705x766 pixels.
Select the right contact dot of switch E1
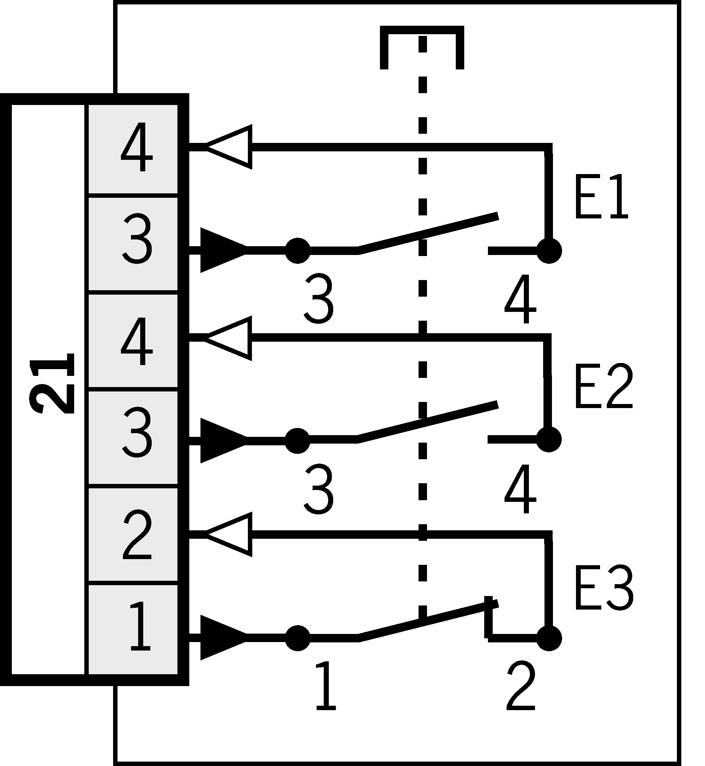coord(549,251)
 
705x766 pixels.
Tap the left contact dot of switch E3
coord(298,637)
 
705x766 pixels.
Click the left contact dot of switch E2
coord(297,441)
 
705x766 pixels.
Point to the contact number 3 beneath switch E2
coord(319,489)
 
